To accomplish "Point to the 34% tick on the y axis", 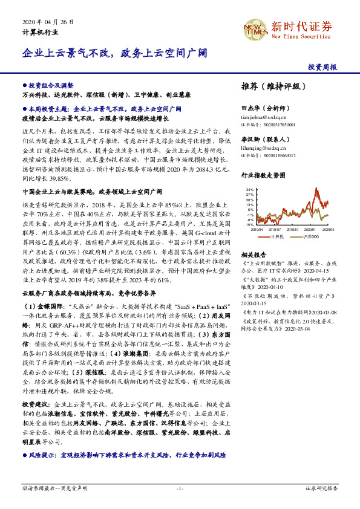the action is pyautogui.click(x=249, y=189).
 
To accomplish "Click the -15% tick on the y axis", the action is pyautogui.click(x=249, y=225).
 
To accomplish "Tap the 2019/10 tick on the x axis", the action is pyautogui.click(x=292, y=229).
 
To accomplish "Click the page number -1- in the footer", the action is pyautogui.click(x=180, y=488).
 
